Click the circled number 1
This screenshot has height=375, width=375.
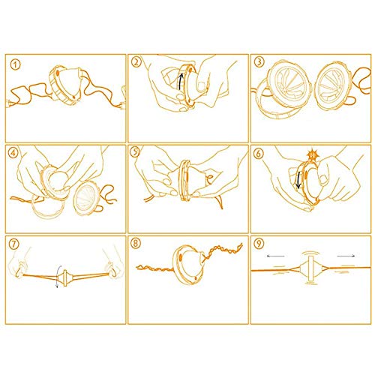pyautogui.click(x=15, y=65)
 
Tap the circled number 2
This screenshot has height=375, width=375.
pyautogui.click(x=136, y=62)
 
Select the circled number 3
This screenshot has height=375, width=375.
pyautogui.click(x=259, y=61)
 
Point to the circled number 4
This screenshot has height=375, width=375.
pyautogui.click(x=13, y=153)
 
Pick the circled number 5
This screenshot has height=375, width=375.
pyautogui.click(x=135, y=152)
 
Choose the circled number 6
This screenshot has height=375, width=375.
pyautogui.click(x=259, y=154)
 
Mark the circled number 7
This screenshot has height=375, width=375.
pyautogui.click(x=14, y=244)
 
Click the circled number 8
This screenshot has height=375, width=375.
pyautogui.click(x=136, y=243)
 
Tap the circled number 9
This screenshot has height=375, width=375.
pyautogui.click(x=259, y=243)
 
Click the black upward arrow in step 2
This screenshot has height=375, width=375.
pyautogui.click(x=181, y=81)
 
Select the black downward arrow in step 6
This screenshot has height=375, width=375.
pyautogui.click(x=298, y=179)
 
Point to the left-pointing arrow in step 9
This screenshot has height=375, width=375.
pyautogui.click(x=275, y=256)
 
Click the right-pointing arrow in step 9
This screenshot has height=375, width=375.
pyautogui.click(x=346, y=256)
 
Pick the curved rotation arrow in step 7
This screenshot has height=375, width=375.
pyautogui.click(x=58, y=277)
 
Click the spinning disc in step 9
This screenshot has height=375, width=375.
pyautogui.click(x=310, y=268)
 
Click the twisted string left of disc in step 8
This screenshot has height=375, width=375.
pyautogui.click(x=155, y=268)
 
